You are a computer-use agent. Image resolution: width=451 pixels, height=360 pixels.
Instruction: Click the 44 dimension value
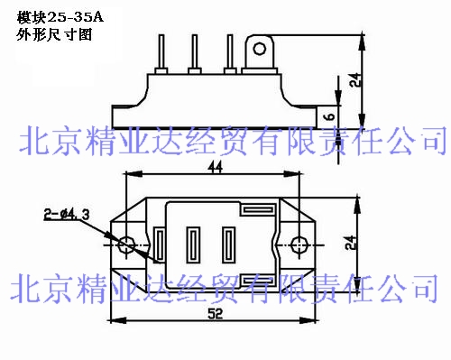(216, 167)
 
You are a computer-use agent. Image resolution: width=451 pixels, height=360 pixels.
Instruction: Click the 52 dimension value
(216, 314)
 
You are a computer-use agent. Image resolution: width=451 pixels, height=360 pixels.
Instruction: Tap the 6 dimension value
(330, 116)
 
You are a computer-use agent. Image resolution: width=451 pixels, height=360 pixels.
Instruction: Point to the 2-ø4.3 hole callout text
(67, 215)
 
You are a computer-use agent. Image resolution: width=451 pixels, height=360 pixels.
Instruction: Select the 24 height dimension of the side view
(356, 79)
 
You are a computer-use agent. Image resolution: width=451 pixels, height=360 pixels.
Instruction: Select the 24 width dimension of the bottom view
(351, 243)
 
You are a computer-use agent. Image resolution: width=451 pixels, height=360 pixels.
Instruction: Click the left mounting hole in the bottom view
(125, 245)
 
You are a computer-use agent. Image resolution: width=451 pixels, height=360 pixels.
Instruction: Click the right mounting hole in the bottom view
(299, 245)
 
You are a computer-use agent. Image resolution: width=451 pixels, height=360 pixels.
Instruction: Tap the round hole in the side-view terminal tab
(259, 49)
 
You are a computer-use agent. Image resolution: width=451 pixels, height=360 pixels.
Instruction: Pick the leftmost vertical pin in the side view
(161, 51)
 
